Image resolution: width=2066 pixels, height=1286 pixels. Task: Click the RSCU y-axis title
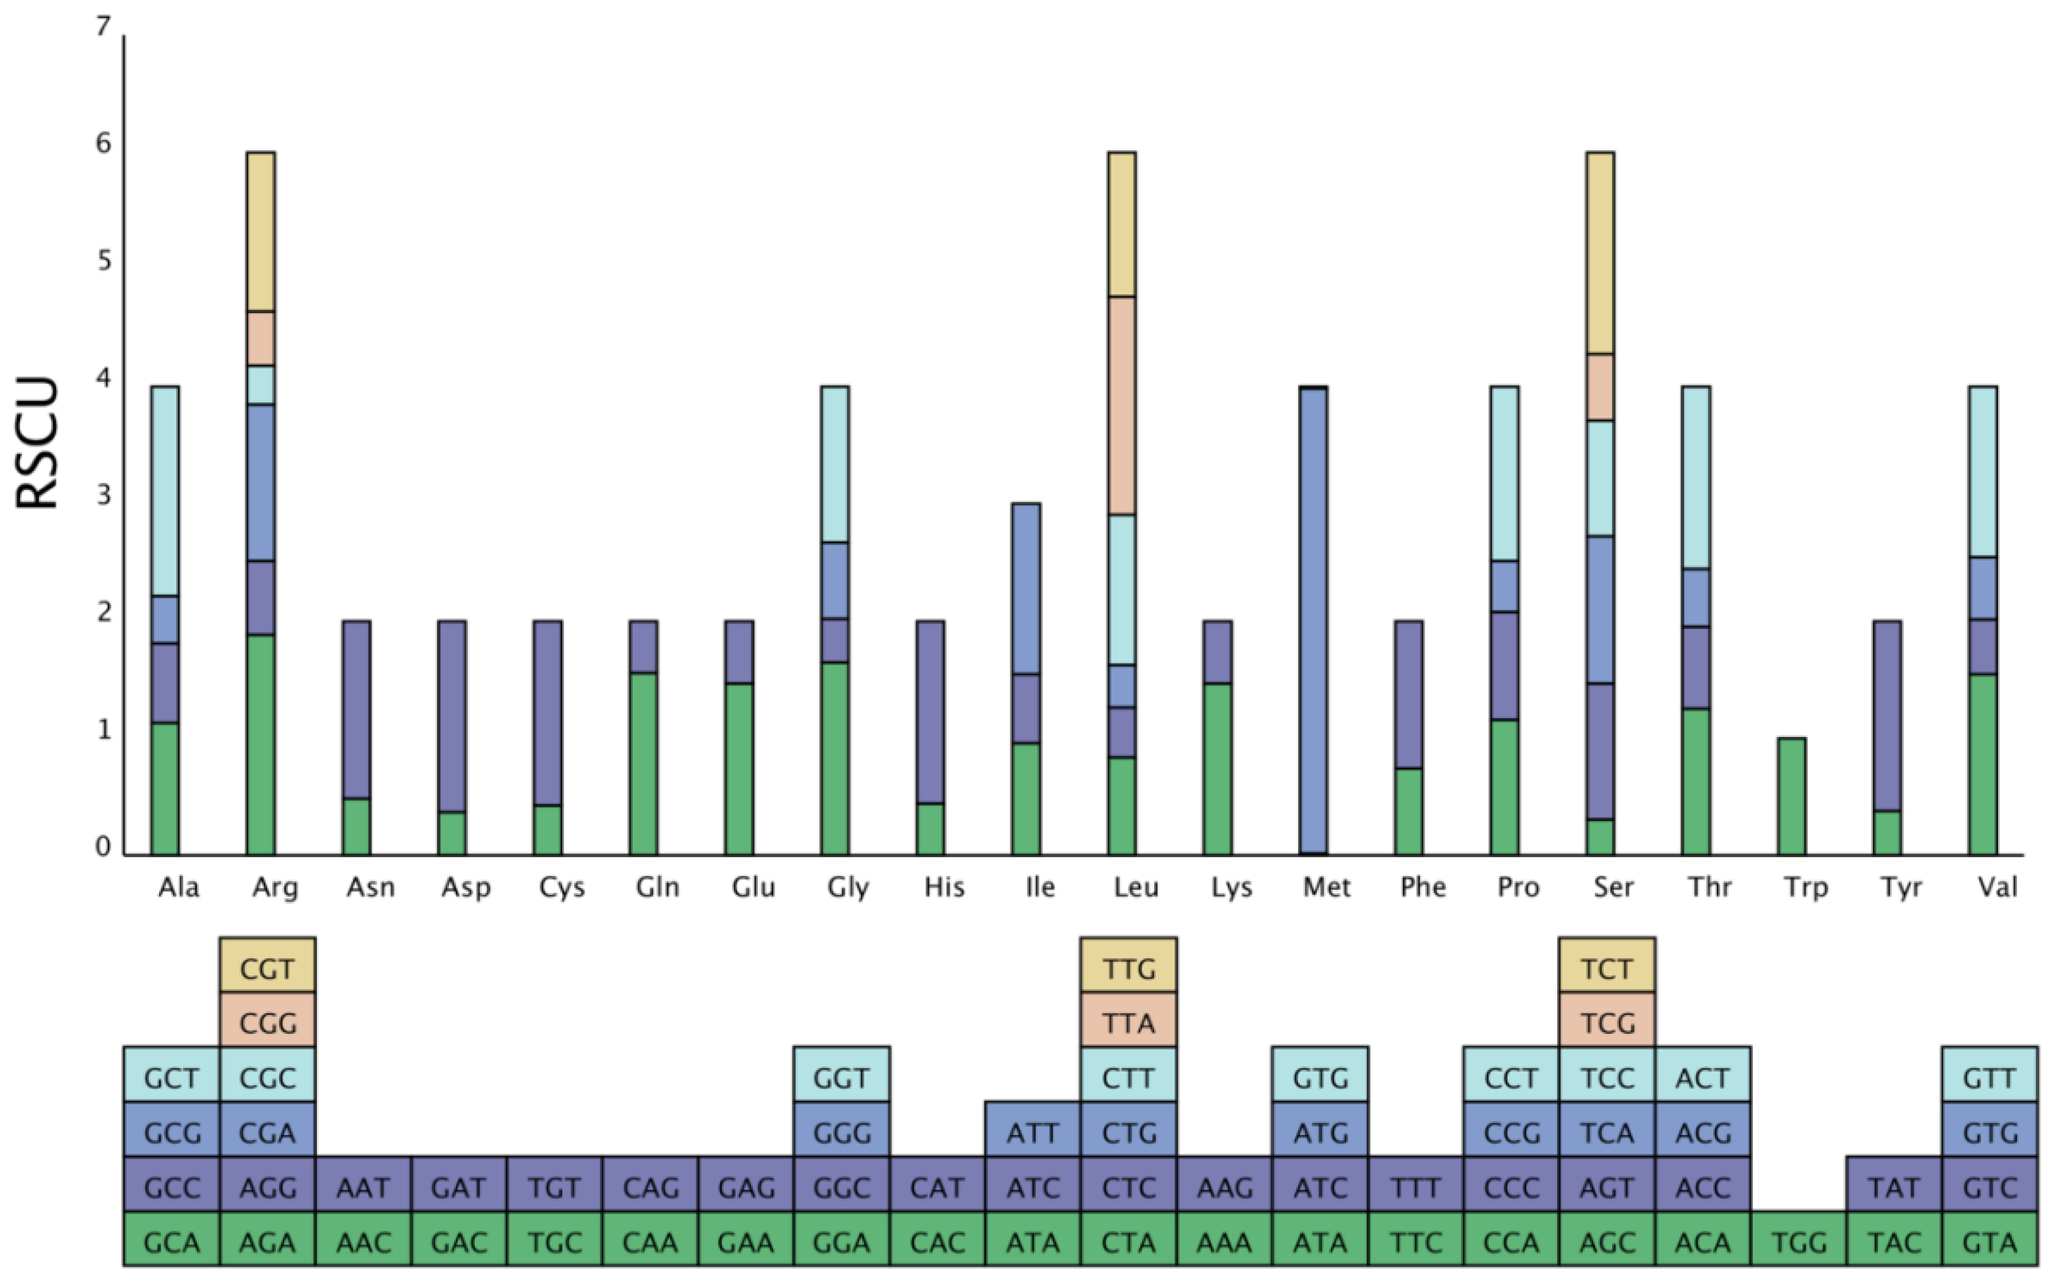coord(38,442)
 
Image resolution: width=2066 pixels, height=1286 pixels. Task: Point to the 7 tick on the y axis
coord(103,27)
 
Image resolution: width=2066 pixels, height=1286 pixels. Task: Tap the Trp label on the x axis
coord(1805,888)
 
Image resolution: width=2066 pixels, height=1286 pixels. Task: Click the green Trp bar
coord(1791,796)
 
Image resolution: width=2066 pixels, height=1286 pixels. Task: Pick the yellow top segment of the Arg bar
coord(260,231)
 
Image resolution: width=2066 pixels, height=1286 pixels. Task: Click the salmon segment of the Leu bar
coord(1122,405)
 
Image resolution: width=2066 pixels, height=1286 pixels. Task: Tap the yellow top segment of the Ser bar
coord(1600,253)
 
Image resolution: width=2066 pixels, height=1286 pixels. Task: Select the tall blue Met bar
coord(1314,621)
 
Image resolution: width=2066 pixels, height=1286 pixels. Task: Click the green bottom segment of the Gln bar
coord(643,764)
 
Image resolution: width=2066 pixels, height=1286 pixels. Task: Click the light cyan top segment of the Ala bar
coord(165,491)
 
